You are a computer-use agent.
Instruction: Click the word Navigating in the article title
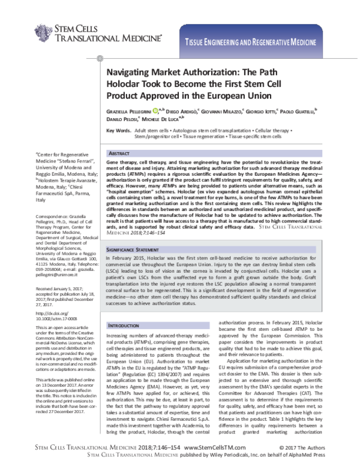131,71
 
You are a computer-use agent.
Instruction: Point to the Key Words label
118,131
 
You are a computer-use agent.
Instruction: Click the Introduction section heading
125,326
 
